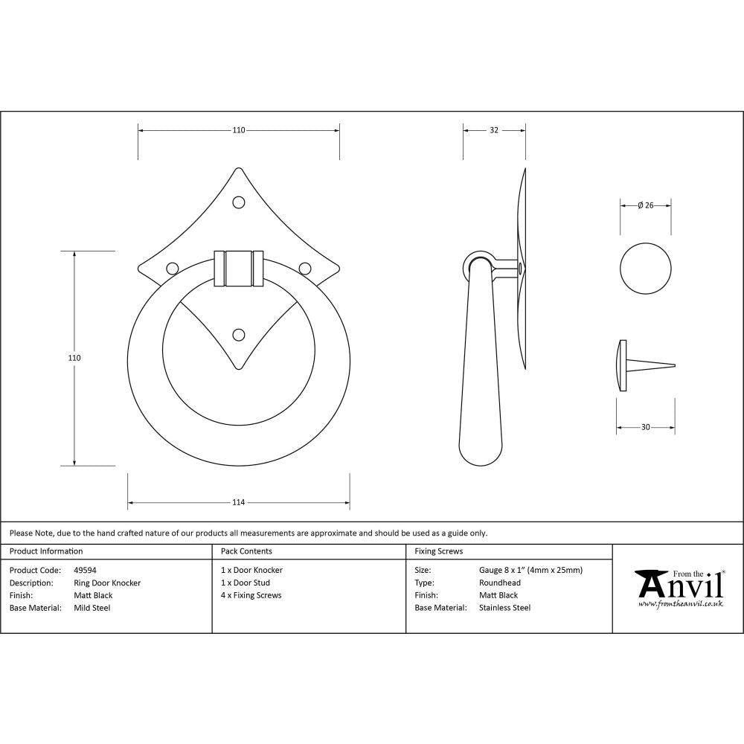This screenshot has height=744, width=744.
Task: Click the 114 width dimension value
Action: [x=238, y=502]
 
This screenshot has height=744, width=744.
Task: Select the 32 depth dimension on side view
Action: [x=494, y=130]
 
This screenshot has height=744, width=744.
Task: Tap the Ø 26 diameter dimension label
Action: [x=645, y=205]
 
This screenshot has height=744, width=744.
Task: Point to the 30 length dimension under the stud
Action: [x=645, y=427]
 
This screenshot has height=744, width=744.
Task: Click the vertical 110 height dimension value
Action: [x=74, y=358]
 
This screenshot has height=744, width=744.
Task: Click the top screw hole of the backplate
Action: [x=239, y=202]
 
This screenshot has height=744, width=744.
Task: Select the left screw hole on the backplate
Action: [x=172, y=268]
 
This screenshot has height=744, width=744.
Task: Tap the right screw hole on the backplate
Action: [x=304, y=268]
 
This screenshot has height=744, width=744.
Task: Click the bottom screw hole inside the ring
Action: [x=239, y=335]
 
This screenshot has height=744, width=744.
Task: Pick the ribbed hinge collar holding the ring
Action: [x=238, y=268]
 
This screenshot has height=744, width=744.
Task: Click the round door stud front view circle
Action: [x=646, y=268]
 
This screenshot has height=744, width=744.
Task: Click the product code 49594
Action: [x=85, y=570]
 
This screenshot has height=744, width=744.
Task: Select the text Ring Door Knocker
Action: [x=107, y=583]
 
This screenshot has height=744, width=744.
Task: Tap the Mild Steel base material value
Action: [x=92, y=608]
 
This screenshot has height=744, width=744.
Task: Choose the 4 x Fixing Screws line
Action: [x=251, y=595]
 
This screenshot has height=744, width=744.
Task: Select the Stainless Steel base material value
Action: [x=505, y=608]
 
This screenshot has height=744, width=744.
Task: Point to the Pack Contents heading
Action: [x=246, y=551]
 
